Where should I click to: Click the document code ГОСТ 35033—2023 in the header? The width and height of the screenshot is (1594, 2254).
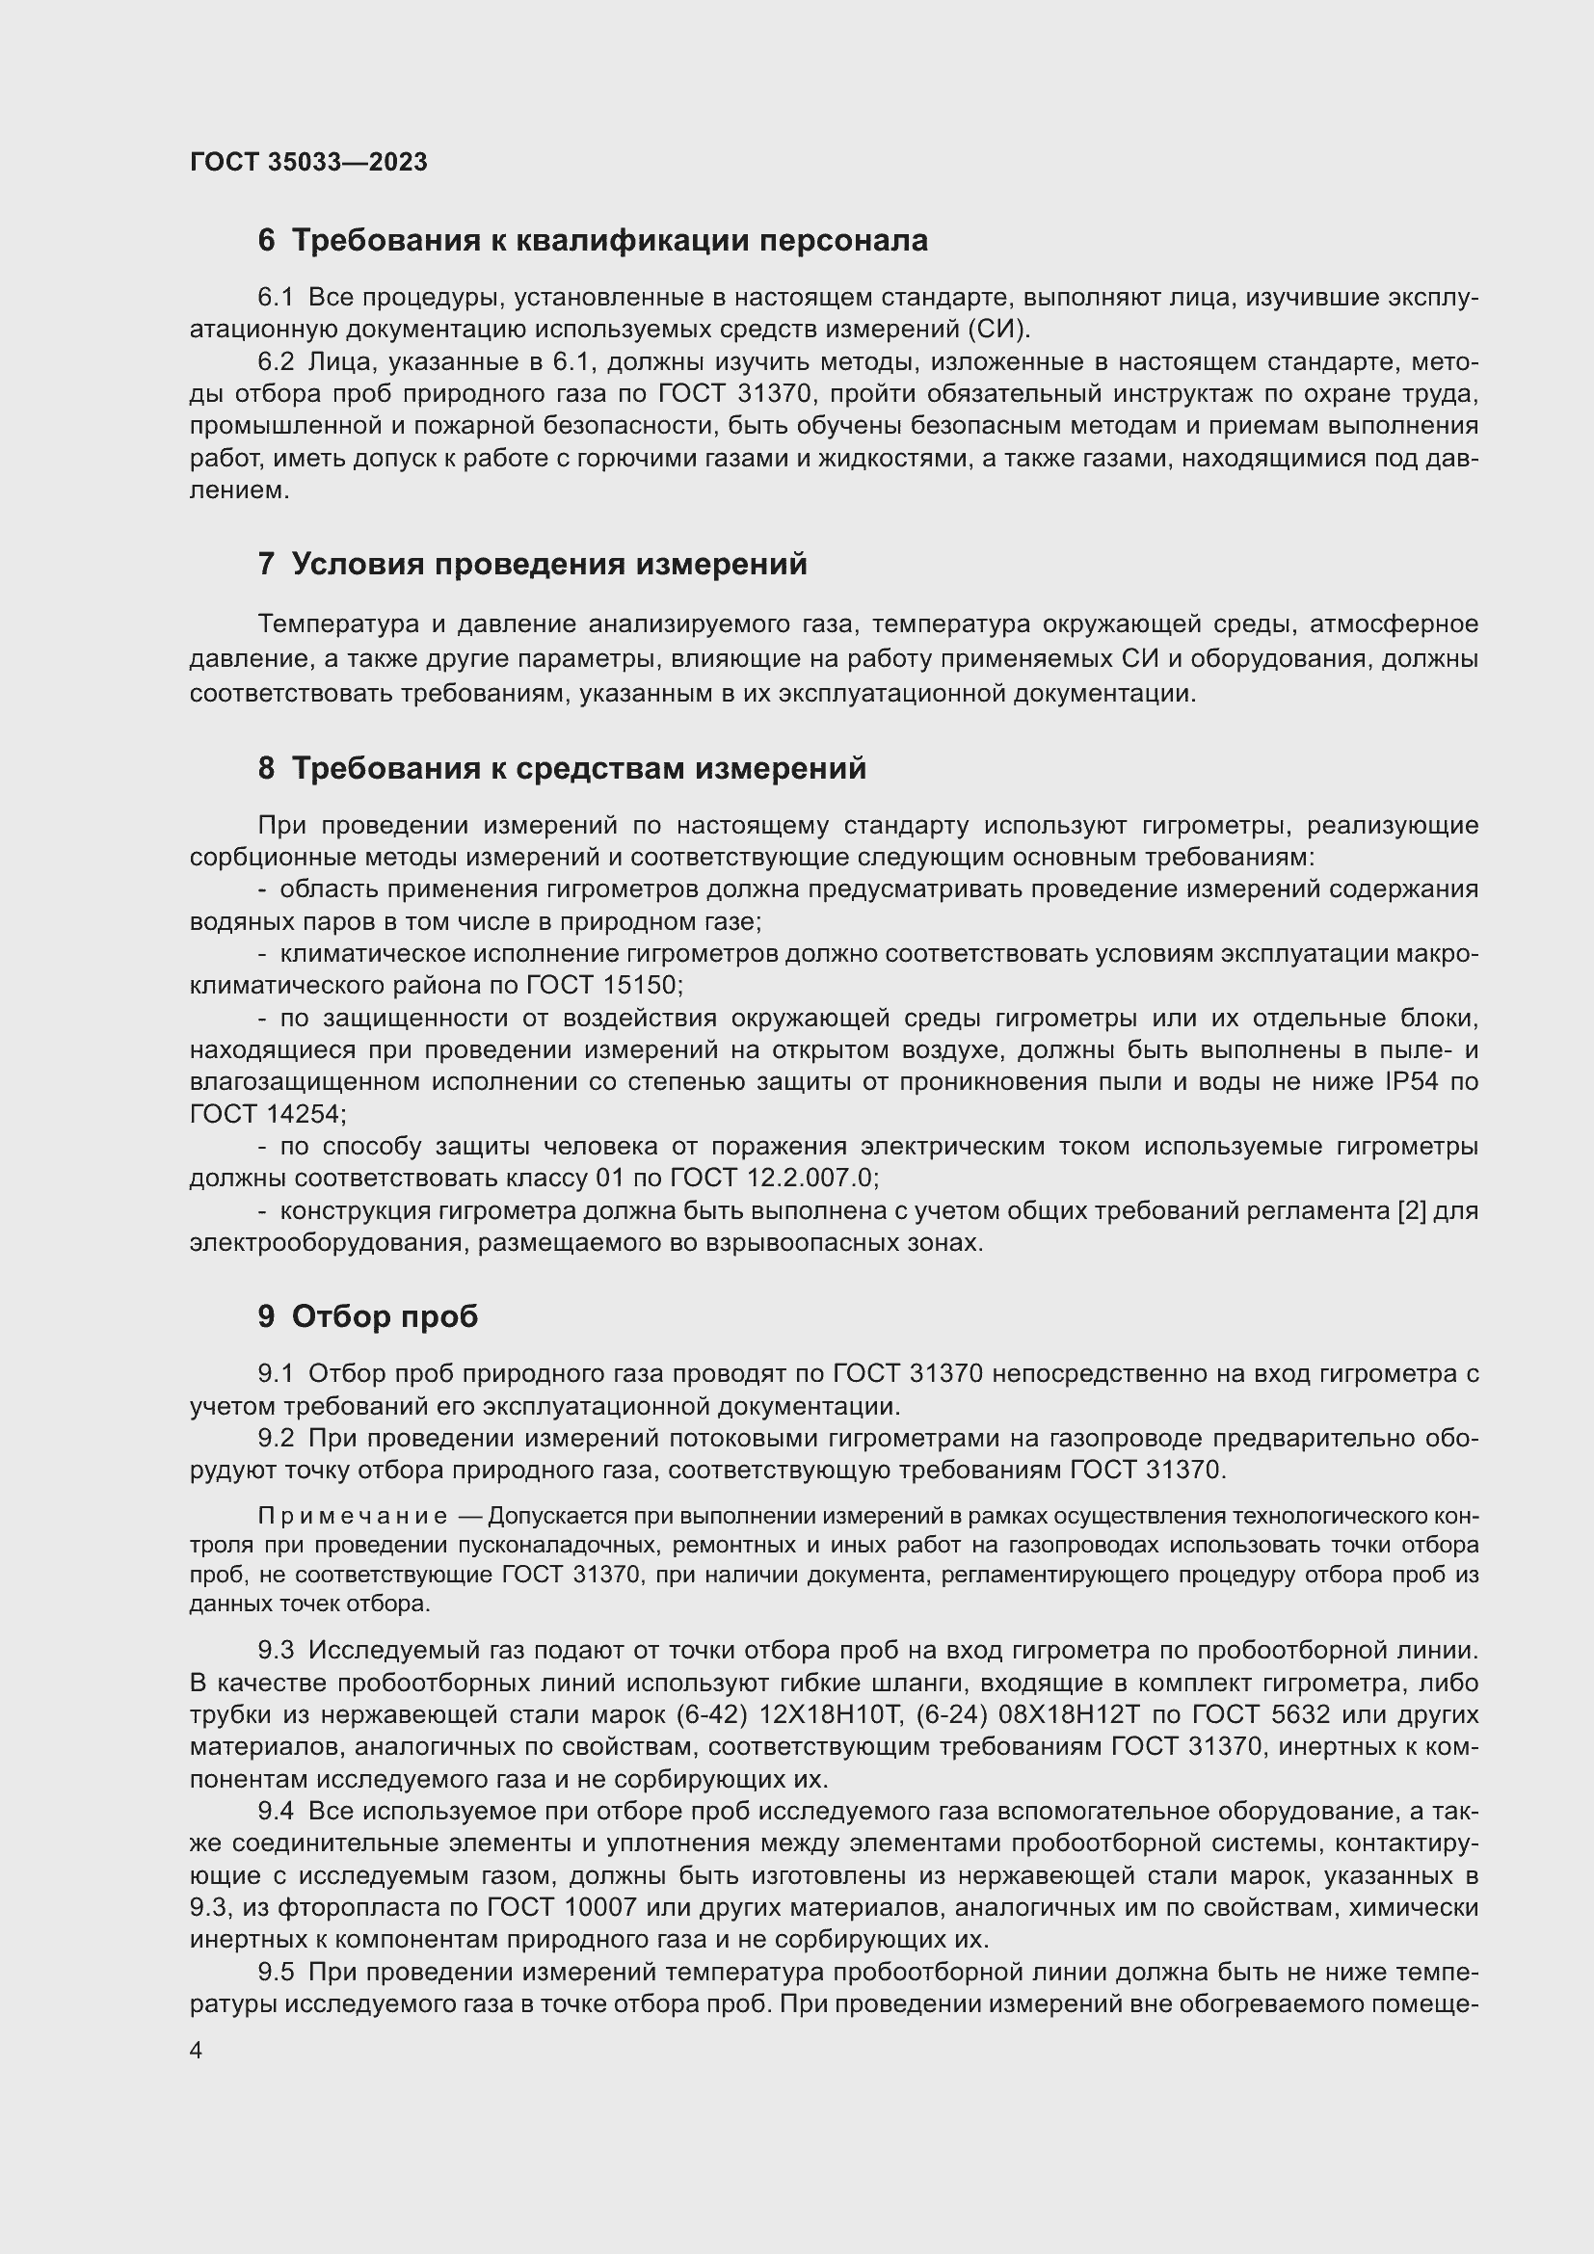click(x=308, y=162)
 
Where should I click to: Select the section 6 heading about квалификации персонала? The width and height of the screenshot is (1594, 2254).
click(x=593, y=241)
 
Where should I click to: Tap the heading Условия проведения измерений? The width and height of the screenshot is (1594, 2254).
click(x=533, y=565)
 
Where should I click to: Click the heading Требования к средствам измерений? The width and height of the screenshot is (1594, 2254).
click(x=563, y=769)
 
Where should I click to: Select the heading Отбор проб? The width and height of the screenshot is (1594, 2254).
click(x=368, y=1316)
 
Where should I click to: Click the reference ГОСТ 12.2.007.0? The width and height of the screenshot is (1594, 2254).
click(x=774, y=1177)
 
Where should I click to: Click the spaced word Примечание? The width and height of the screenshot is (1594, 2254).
click(x=353, y=1516)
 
